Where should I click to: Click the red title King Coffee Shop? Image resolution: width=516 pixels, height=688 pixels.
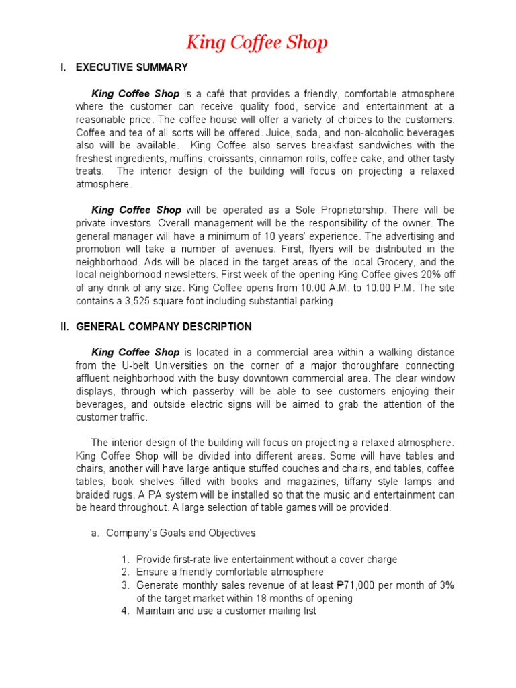click(x=257, y=44)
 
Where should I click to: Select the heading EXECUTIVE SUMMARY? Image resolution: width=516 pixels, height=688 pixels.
click(x=132, y=68)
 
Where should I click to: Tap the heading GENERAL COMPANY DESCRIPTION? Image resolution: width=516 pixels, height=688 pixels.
click(x=164, y=327)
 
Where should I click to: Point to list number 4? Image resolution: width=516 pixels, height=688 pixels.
click(x=126, y=611)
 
